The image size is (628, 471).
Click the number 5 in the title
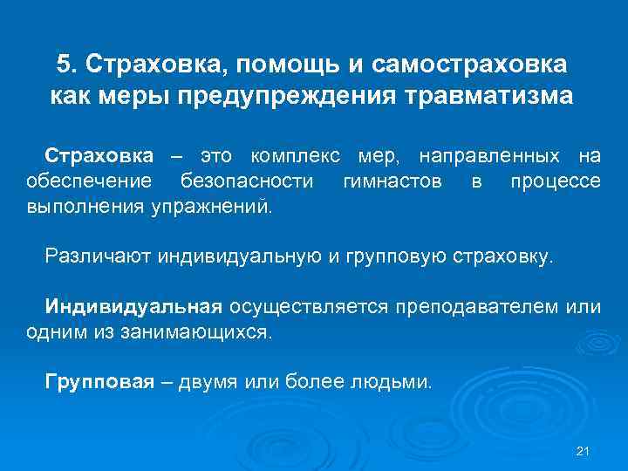coord(64,65)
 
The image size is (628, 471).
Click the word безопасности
coord(246,181)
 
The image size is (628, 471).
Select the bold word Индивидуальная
coord(137,307)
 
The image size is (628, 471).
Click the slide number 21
coord(584,451)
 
